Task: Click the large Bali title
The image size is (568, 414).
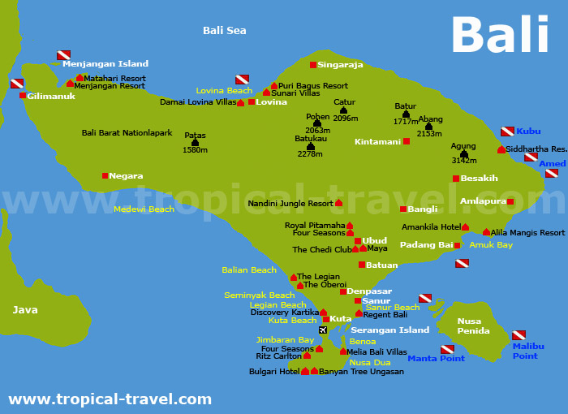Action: pyautogui.click(x=500, y=36)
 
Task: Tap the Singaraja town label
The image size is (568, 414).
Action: pyautogui.click(x=340, y=64)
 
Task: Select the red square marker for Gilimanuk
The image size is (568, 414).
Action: pyautogui.click(x=23, y=96)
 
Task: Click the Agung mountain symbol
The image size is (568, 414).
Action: pyautogui.click(x=464, y=153)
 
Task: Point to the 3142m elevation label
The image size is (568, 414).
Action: pyautogui.click(x=464, y=161)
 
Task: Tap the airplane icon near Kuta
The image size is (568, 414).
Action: pyautogui.click(x=323, y=330)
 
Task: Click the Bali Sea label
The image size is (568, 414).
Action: pyautogui.click(x=224, y=31)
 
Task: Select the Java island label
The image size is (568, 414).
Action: pyautogui.click(x=25, y=309)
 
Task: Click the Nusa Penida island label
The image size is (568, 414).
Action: pyautogui.click(x=473, y=326)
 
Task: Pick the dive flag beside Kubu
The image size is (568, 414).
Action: pyautogui.click(x=507, y=131)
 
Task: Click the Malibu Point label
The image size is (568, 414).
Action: pyautogui.click(x=528, y=351)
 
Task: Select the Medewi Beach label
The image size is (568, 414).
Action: pyautogui.click(x=144, y=209)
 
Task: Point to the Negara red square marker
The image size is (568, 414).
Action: pyautogui.click(x=105, y=175)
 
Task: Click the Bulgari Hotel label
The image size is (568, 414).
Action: pyautogui.click(x=274, y=372)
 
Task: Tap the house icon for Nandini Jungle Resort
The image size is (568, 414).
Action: pyautogui.click(x=338, y=202)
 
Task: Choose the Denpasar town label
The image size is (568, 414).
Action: pyautogui.click(x=369, y=291)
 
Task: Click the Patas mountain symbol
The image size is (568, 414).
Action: pyautogui.click(x=195, y=142)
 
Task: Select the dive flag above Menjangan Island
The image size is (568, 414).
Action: pyautogui.click(x=63, y=55)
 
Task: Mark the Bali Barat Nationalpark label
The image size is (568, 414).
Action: pyautogui.click(x=127, y=132)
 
